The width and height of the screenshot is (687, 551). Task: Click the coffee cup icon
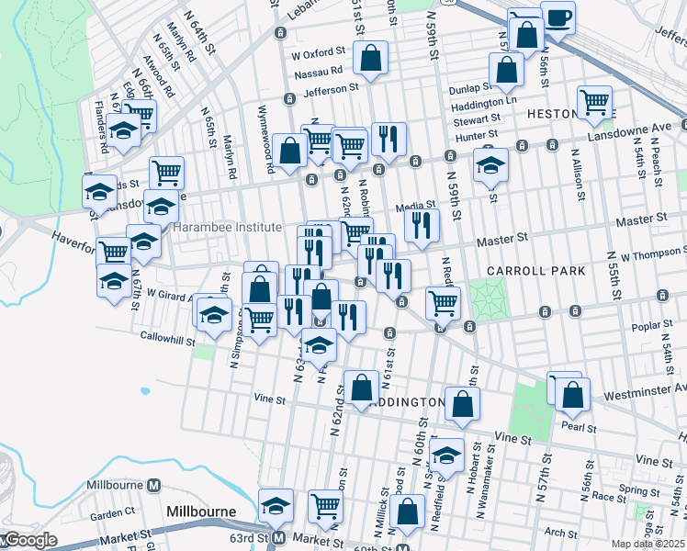pos(557,17)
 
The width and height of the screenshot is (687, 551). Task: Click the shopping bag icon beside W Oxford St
pos(369,58)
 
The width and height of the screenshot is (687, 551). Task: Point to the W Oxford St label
pos(317,52)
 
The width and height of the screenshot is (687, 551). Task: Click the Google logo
pos(29,540)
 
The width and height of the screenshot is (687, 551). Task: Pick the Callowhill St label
pos(166,340)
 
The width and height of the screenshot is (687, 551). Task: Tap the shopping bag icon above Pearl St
pos(572,394)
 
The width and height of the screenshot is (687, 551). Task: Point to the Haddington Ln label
pos(485,102)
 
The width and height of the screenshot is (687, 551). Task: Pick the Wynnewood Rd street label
pos(266,151)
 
